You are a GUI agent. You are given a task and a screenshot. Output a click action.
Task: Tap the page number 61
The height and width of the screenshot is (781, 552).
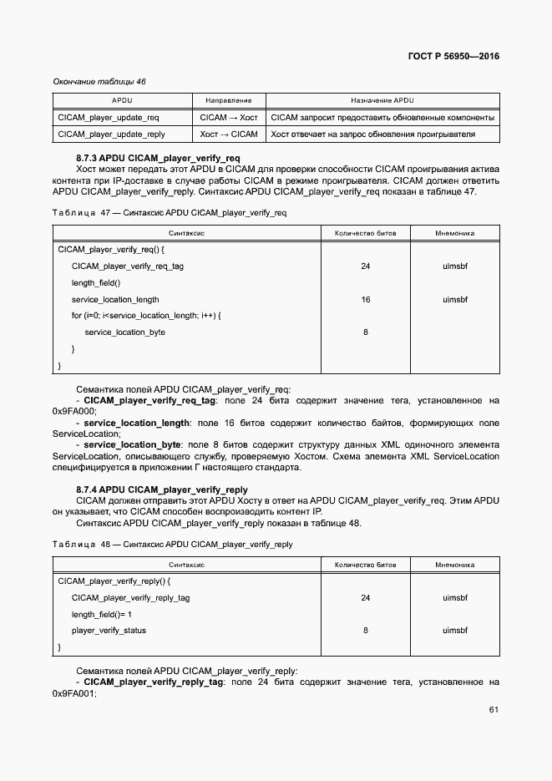(x=494, y=710)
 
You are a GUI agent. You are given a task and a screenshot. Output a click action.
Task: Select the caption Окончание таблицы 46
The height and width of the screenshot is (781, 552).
(x=99, y=82)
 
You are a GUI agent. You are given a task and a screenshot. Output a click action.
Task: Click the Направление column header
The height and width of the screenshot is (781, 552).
(x=229, y=99)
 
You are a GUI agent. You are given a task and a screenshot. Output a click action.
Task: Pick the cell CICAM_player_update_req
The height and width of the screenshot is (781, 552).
(x=109, y=118)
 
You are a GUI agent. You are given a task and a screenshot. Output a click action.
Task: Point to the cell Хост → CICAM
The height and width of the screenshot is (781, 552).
(x=229, y=134)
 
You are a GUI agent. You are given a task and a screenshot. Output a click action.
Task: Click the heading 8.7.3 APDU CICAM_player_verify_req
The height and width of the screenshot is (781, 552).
(x=158, y=158)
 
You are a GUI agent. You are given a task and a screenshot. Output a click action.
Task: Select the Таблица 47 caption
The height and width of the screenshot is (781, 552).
(x=170, y=213)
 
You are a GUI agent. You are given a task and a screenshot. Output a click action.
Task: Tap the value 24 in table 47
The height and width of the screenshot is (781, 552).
(x=366, y=266)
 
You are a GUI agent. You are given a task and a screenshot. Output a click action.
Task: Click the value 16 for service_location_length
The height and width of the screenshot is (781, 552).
(x=366, y=299)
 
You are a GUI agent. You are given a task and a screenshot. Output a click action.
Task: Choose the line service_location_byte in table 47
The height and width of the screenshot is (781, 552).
(x=124, y=332)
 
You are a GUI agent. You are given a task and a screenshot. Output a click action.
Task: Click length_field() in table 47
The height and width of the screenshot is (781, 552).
(x=96, y=283)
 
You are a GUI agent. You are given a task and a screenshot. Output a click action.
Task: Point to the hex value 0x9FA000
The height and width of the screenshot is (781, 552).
(x=74, y=411)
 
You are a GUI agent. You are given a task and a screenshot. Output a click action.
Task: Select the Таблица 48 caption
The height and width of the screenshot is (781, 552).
(x=172, y=545)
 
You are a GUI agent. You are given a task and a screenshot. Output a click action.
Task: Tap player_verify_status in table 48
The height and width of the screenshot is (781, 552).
(x=109, y=631)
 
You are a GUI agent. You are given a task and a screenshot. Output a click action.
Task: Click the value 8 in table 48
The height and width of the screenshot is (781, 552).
(x=366, y=631)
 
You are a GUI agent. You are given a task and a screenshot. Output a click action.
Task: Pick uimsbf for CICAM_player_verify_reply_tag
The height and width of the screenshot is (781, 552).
(x=454, y=598)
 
